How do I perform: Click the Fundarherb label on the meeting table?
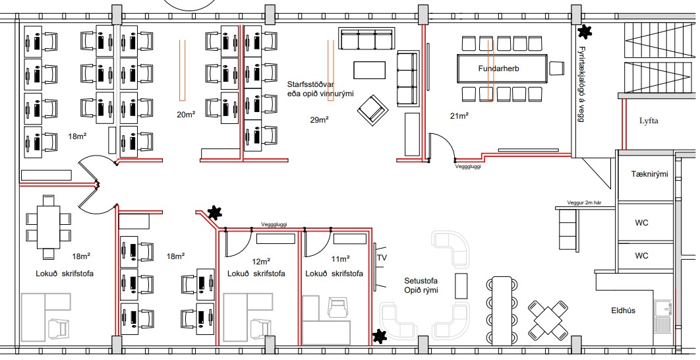(x=498, y=69)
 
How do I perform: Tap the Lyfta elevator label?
(x=649, y=121)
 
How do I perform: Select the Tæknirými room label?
(x=649, y=174)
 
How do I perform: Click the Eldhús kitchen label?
(x=624, y=311)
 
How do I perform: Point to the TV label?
(x=382, y=258)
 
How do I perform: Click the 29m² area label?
(x=319, y=120)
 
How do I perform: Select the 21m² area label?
(x=459, y=116)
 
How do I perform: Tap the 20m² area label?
(x=186, y=115)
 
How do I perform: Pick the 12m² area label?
(x=261, y=262)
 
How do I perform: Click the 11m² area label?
(x=340, y=259)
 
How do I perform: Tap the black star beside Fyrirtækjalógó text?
(x=585, y=31)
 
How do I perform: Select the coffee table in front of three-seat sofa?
(x=370, y=70)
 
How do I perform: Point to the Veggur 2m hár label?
(x=585, y=203)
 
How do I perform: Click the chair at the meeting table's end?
(x=557, y=69)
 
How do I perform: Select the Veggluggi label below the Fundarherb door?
(x=468, y=167)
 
